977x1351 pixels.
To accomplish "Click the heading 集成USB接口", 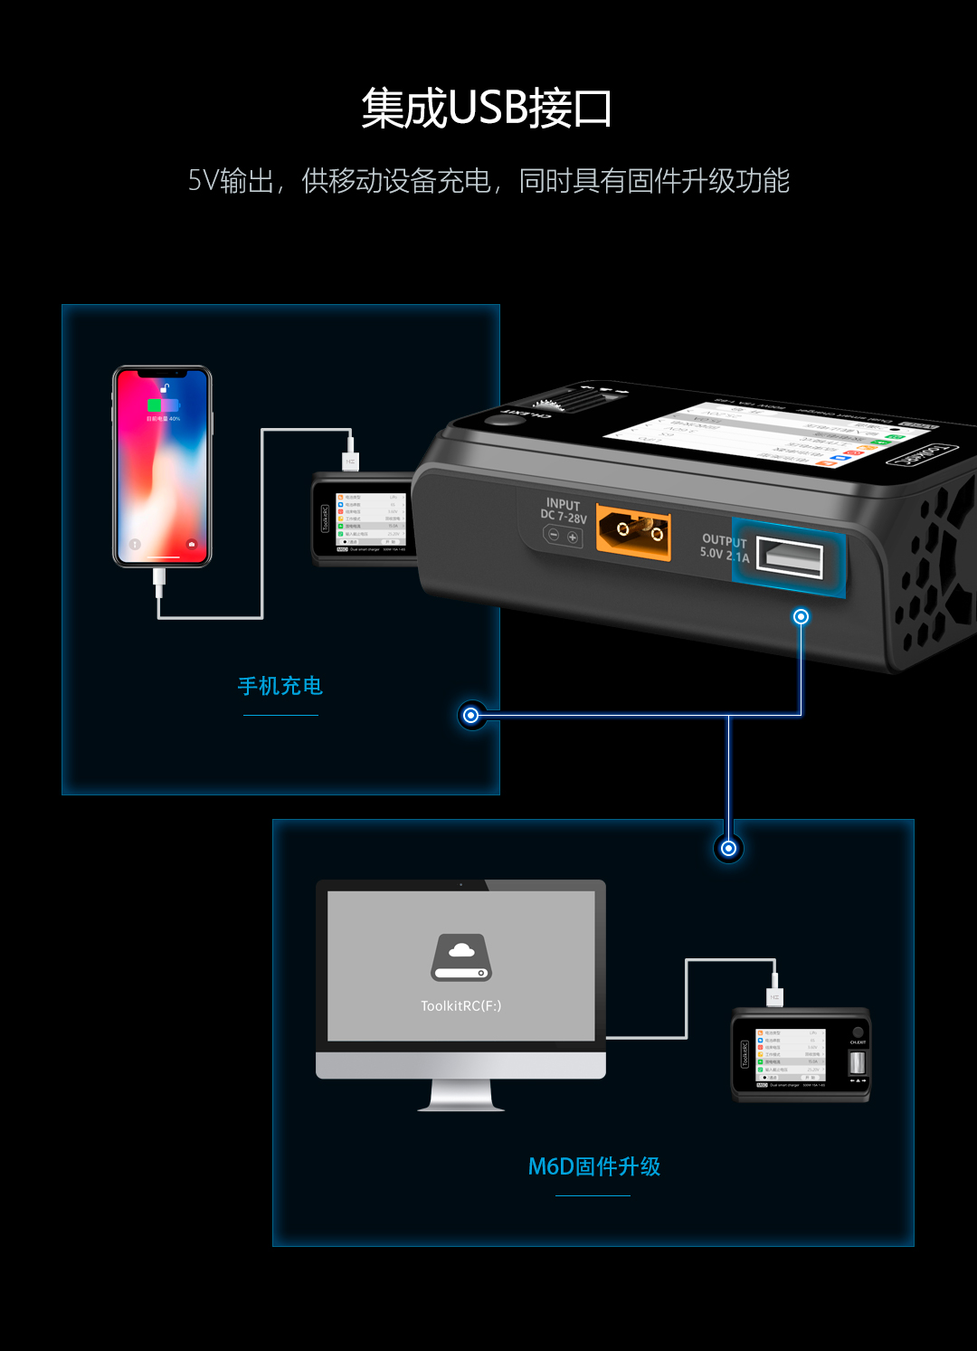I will click(487, 109).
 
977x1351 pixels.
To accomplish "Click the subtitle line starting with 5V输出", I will click(488, 181).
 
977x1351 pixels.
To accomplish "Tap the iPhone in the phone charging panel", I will click(162, 466).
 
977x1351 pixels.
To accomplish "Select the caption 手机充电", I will click(280, 686).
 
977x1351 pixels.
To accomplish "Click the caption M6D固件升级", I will click(593, 1166).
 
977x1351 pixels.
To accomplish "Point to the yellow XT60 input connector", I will click(634, 533).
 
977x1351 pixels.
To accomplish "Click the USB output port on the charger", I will click(789, 557).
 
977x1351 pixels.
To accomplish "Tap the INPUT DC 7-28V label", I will click(564, 511).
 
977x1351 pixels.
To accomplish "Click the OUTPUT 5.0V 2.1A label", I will click(725, 547).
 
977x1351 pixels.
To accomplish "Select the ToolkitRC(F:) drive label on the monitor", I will click(460, 1005).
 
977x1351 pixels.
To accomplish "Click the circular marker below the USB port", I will click(801, 616).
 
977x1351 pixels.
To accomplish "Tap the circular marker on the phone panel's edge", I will click(470, 715).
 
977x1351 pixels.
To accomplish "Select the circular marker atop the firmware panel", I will click(728, 848).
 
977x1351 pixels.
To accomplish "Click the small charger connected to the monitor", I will click(801, 1055).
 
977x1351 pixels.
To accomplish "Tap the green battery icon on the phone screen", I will click(155, 405).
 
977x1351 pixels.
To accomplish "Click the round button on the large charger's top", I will click(497, 420).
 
